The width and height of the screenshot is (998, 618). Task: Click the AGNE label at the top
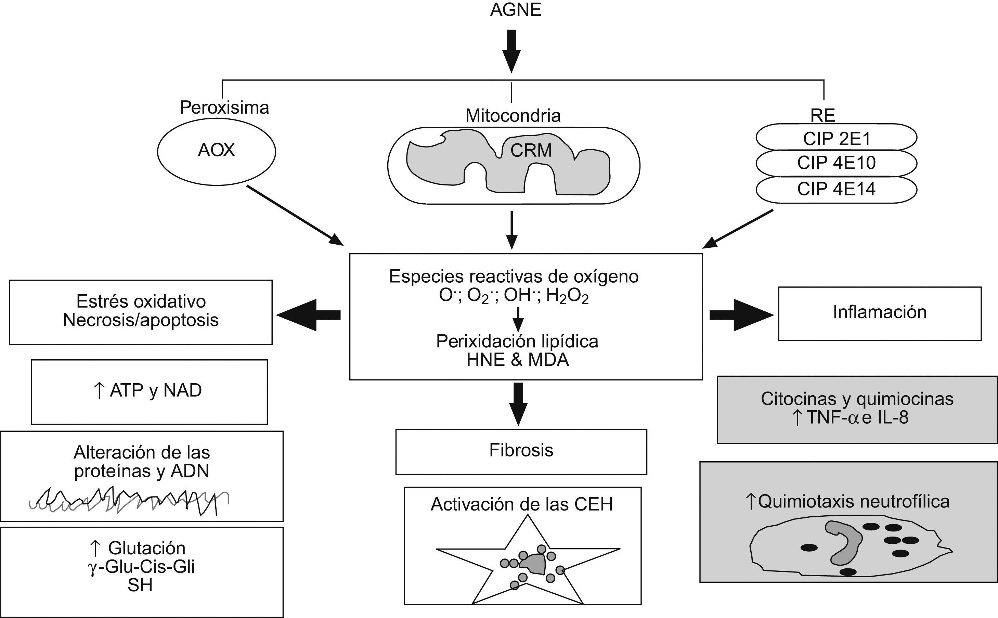[x=516, y=10]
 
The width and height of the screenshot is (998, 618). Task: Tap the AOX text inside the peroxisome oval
[x=216, y=151]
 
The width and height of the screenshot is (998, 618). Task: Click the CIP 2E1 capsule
[x=836, y=139]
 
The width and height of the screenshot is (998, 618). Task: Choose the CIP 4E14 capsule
[x=836, y=189]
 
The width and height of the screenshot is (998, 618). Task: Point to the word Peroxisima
[x=224, y=108]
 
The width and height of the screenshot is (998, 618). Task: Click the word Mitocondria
[x=513, y=116]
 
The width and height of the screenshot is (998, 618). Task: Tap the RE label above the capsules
[x=822, y=116]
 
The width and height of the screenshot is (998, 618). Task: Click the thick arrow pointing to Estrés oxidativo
[x=309, y=315]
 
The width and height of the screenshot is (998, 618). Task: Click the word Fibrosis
[x=521, y=450]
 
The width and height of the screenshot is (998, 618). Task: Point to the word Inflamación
[x=880, y=312]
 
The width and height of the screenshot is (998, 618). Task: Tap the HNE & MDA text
[x=518, y=360]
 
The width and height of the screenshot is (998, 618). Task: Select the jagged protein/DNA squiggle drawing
[x=129, y=501]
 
